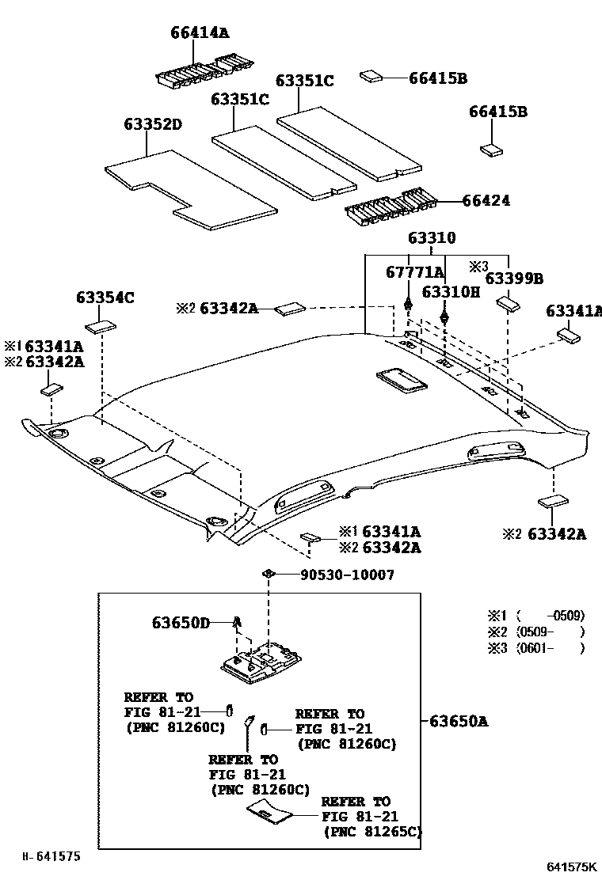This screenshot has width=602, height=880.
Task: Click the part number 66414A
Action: tap(200, 32)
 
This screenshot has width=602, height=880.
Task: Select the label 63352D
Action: tap(153, 124)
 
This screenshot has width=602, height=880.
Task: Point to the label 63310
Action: tap(432, 239)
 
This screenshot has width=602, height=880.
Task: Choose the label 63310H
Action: tap(451, 292)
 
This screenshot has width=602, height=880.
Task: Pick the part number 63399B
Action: tap(514, 279)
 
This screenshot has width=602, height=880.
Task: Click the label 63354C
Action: tap(105, 298)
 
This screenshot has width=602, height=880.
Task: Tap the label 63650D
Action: tap(181, 623)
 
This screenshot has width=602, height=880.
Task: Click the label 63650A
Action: tap(459, 721)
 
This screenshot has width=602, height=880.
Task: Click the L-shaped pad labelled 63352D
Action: tap(190, 190)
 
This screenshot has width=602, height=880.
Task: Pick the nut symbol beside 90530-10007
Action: tap(269, 573)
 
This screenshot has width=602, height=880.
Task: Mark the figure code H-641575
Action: tap(51, 855)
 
